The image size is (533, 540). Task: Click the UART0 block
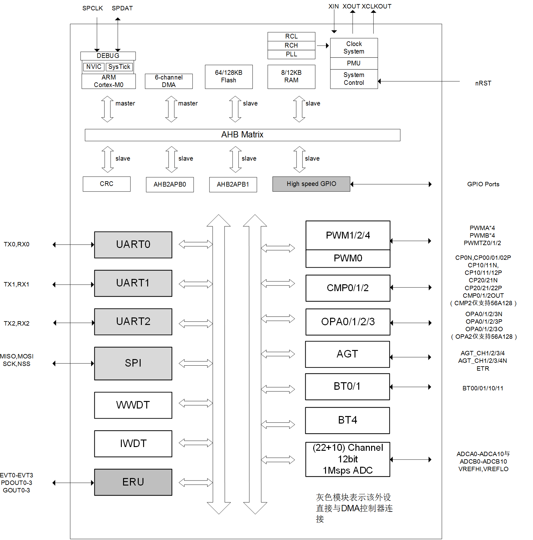[133, 245]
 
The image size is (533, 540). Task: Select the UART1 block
[133, 283]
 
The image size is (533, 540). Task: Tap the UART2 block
[133, 322]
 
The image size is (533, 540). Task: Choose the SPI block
[133, 363]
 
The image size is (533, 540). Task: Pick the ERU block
[133, 482]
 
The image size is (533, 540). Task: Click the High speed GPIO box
[311, 184]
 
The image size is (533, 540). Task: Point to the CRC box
[106, 184]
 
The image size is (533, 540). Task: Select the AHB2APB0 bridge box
[170, 185]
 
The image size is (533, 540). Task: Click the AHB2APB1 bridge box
[233, 185]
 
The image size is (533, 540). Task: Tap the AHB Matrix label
[242, 135]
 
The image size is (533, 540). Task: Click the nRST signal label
[483, 84]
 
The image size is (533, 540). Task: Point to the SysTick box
[119, 67]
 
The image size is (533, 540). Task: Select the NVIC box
[94, 67]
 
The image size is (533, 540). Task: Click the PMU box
[354, 64]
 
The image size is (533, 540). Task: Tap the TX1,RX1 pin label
[17, 285]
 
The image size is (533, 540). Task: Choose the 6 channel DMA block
[169, 81]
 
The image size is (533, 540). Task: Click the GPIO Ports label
[483, 184]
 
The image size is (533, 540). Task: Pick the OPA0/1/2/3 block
[348, 322]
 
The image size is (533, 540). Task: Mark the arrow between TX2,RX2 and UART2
[74, 323]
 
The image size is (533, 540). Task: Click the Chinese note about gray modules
[354, 508]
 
